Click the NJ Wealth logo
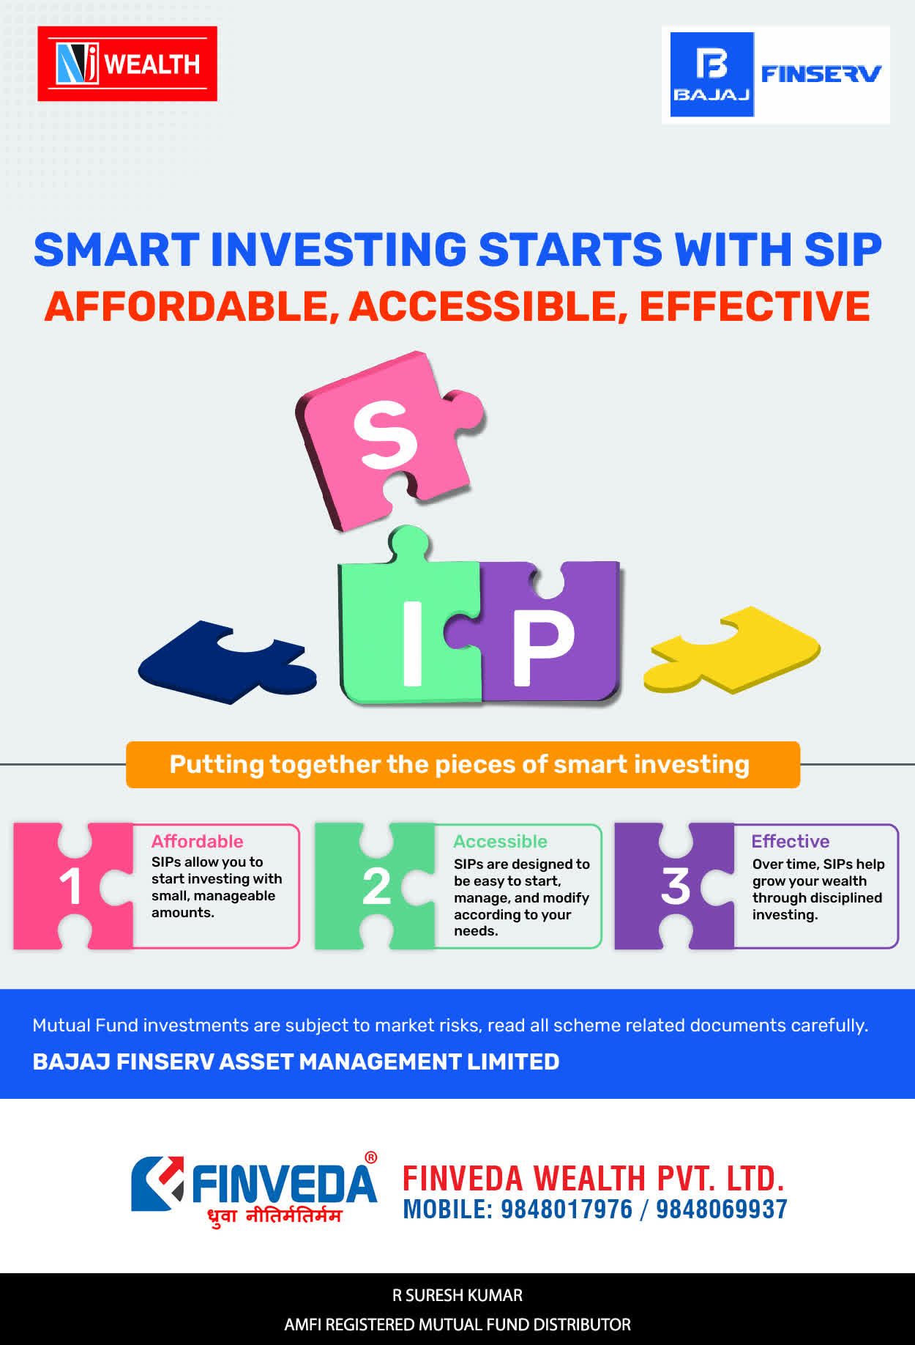[127, 64]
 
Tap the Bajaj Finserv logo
[776, 75]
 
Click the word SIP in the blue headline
[843, 250]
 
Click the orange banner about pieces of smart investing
[463, 765]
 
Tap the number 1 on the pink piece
[70, 886]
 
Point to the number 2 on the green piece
[376, 886]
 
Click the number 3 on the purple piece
[675, 886]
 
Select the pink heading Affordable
[197, 841]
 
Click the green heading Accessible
[500, 841]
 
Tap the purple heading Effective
[791, 841]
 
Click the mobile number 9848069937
[722, 1209]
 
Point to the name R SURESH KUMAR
[457, 1295]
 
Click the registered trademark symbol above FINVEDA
[371, 1157]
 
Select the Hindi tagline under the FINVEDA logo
[274, 1216]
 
